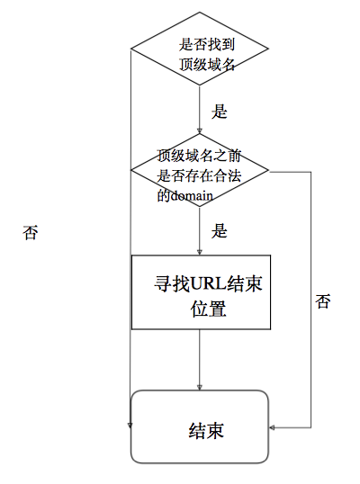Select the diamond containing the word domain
tap(200, 170)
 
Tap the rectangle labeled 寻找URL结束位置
tap(200, 292)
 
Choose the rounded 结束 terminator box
tap(200, 426)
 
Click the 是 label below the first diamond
tap(219, 112)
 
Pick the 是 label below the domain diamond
tap(219, 230)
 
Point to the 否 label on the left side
tap(31, 232)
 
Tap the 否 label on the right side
tap(323, 301)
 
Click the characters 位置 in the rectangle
tap(207, 309)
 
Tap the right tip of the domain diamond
tap(267, 170)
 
